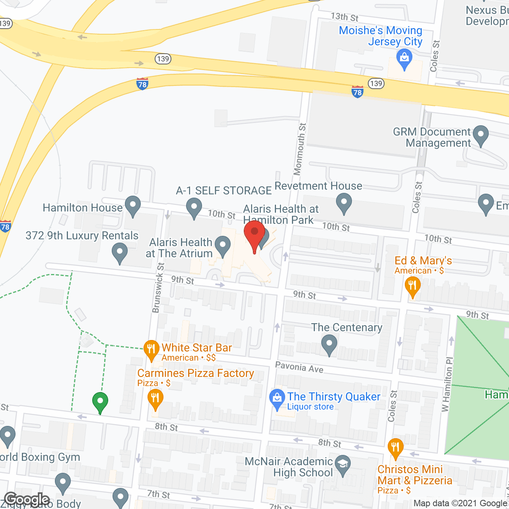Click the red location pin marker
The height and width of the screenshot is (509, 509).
pyautogui.click(x=254, y=235)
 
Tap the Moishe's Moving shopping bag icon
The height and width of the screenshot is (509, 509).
pyautogui.click(x=404, y=59)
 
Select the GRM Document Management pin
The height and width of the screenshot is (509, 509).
pyautogui.click(x=481, y=135)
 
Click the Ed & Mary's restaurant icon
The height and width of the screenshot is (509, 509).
pyautogui.click(x=412, y=286)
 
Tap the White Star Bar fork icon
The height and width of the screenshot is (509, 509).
pyautogui.click(x=151, y=350)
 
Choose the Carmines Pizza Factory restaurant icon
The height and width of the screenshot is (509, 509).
pyautogui.click(x=155, y=398)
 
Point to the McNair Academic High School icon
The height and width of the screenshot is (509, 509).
pyautogui.click(x=342, y=464)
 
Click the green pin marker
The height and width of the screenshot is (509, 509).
pyautogui.click(x=100, y=402)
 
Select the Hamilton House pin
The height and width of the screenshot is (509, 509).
pyautogui.click(x=133, y=206)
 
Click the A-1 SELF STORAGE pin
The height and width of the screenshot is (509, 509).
pyautogui.click(x=194, y=208)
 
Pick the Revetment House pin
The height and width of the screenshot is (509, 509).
pyautogui.click(x=344, y=203)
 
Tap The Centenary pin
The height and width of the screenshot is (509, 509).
pyautogui.click(x=329, y=344)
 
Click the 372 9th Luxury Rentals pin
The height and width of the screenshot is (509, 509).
pyautogui.click(x=119, y=253)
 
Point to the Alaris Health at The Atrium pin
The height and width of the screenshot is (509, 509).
pyautogui.click(x=222, y=246)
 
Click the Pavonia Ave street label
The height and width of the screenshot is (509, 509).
pyautogui.click(x=299, y=367)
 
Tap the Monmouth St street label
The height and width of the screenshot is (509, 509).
pyautogui.click(x=300, y=149)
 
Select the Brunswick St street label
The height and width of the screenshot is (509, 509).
pyautogui.click(x=158, y=287)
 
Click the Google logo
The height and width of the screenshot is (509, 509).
pyautogui.click(x=27, y=499)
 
